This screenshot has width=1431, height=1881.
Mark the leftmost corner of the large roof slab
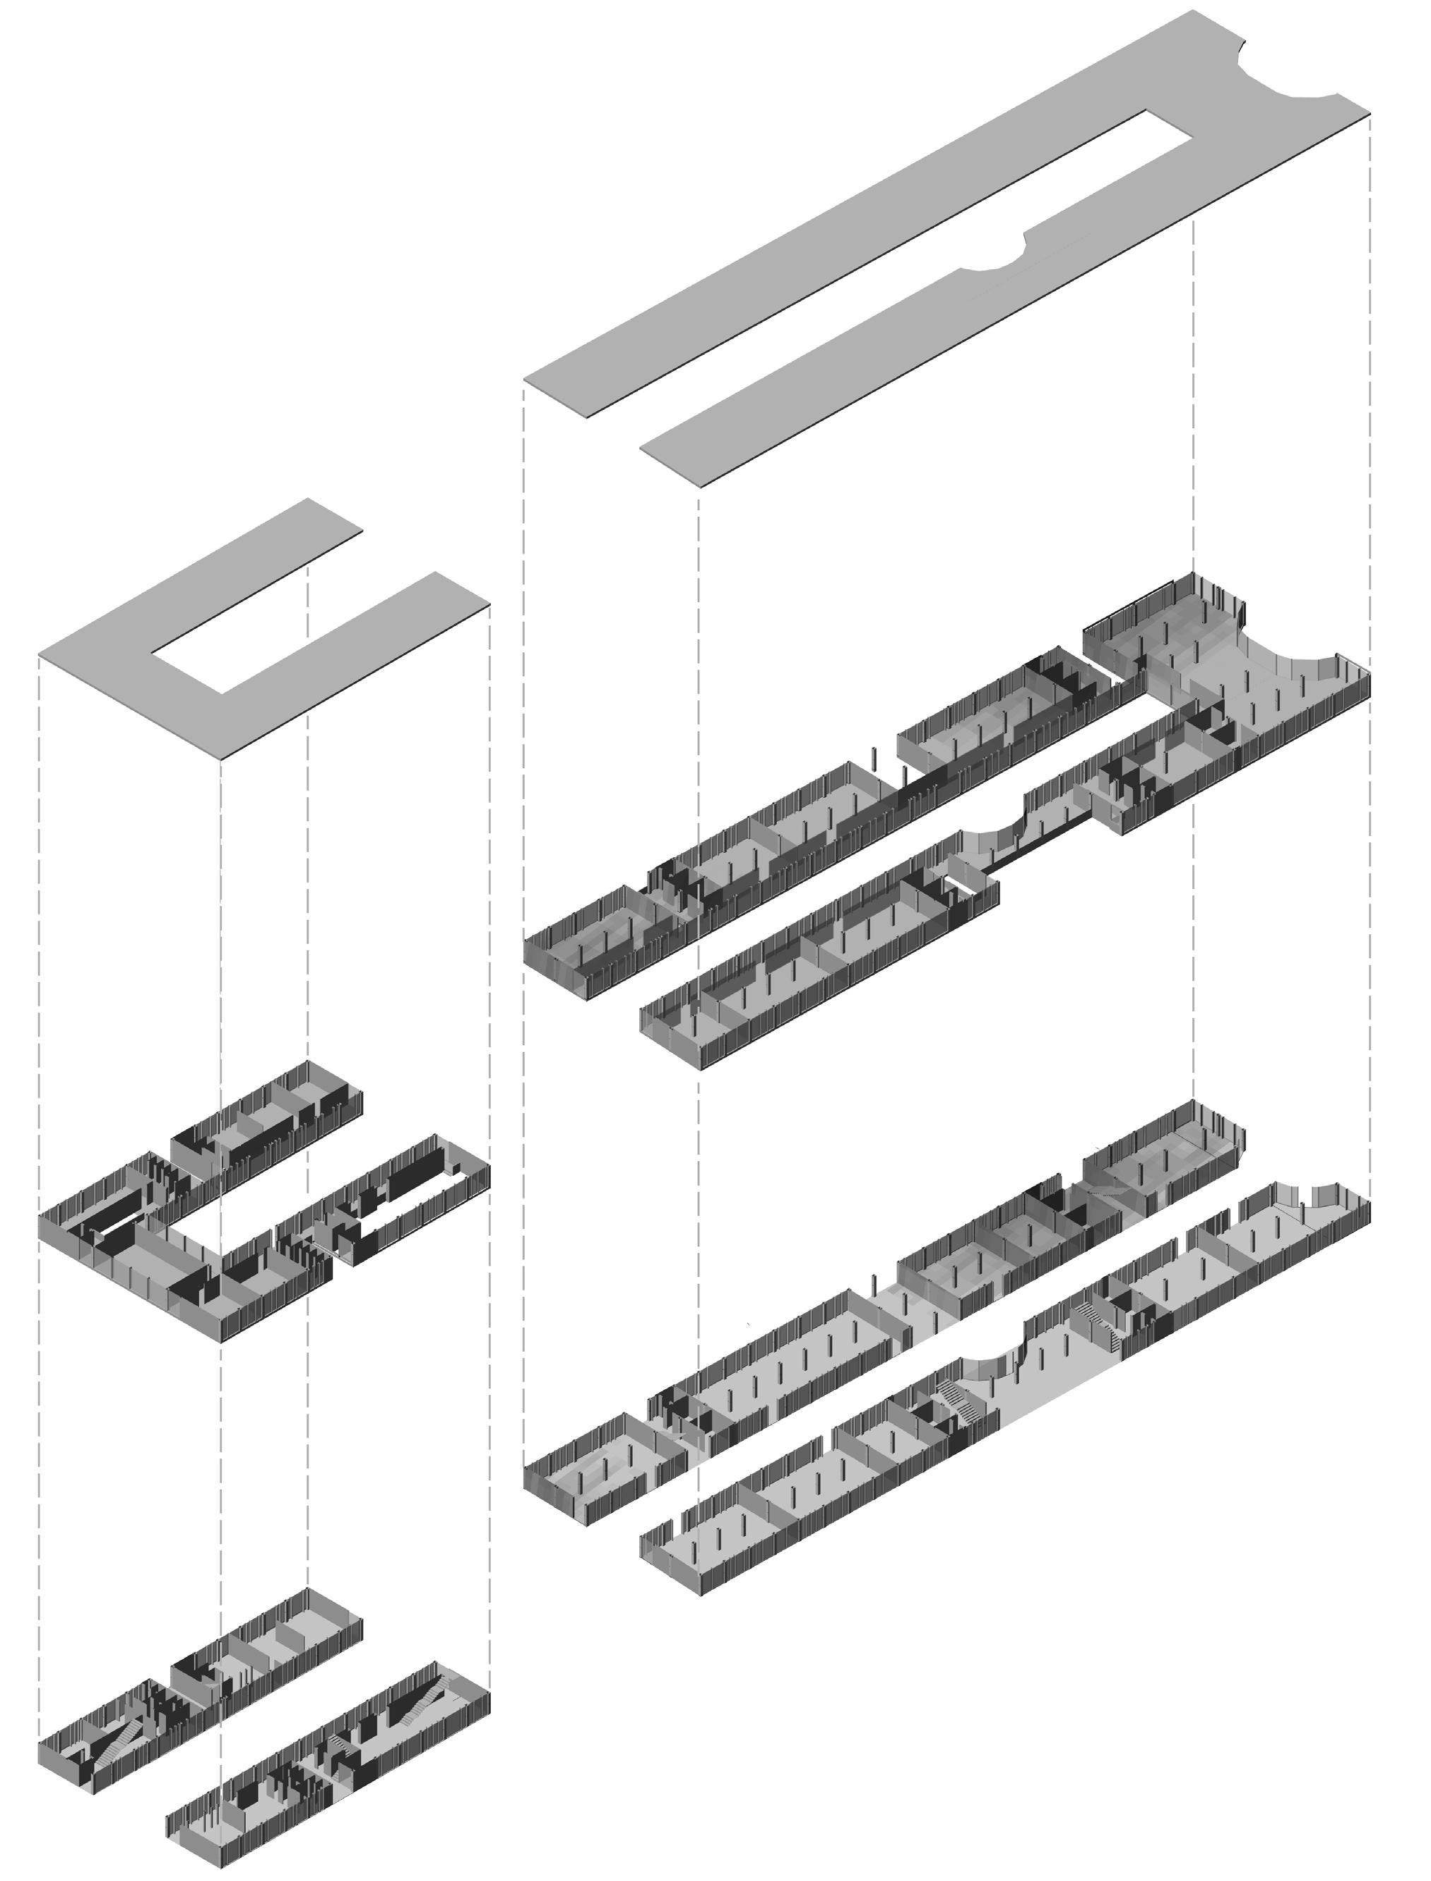(525, 382)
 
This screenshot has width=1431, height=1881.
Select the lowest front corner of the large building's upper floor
(701, 1065)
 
